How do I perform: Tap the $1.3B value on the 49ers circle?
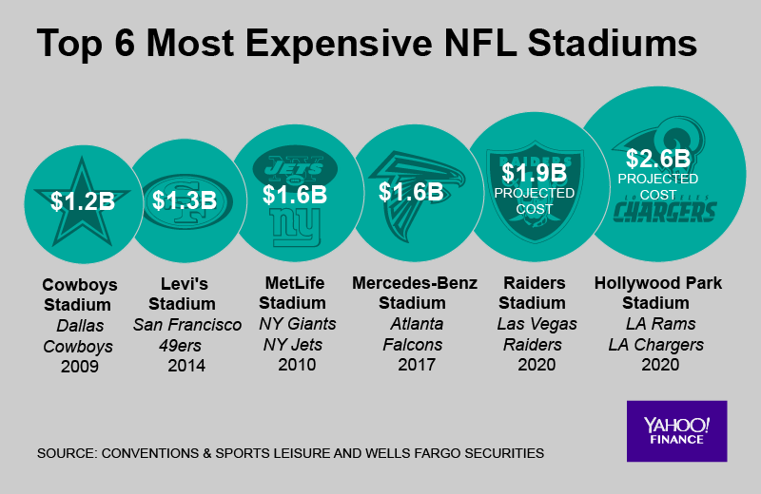[185, 200]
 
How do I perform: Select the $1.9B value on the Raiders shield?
[535, 173]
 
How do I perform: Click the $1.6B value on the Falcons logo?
[411, 191]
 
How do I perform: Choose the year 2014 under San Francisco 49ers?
[187, 366]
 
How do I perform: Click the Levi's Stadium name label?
[187, 294]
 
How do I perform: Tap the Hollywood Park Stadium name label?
[657, 294]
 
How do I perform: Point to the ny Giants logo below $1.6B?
[295, 224]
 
